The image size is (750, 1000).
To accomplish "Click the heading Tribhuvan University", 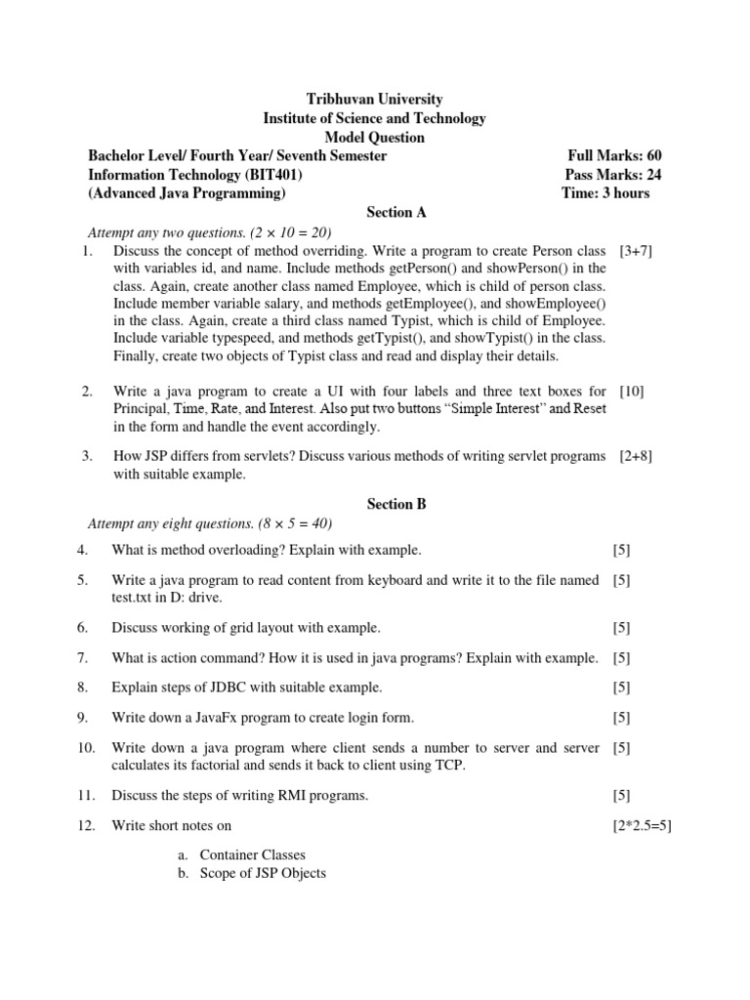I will point(375,99).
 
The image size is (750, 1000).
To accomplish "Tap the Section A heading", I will point(396,212).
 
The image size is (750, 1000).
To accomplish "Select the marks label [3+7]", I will point(636,251).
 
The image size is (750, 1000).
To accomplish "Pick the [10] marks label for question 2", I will point(631,392).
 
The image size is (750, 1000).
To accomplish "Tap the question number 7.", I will point(83,658).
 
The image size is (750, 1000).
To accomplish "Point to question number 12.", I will point(85,826).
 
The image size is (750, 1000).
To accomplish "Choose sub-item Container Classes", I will point(253,854).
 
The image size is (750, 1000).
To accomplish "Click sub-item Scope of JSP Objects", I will point(263,873).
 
